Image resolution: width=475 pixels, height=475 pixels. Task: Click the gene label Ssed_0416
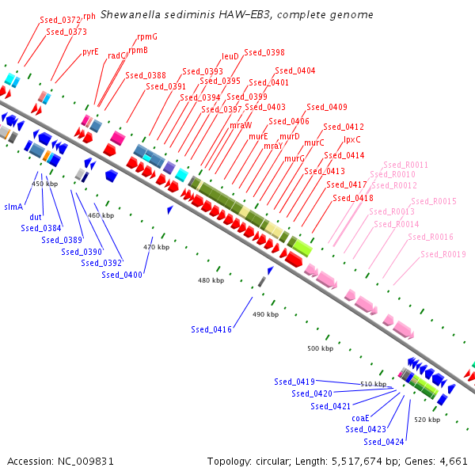click(211, 329)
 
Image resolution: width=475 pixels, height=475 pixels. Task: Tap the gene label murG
click(294, 158)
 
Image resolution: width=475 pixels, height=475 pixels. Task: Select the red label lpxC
click(352, 139)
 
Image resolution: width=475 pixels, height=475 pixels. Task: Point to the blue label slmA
click(13, 207)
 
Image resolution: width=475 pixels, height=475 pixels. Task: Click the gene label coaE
click(360, 418)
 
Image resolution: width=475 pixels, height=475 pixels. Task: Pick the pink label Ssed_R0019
click(443, 254)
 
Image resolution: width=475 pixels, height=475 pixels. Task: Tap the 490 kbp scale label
click(266, 314)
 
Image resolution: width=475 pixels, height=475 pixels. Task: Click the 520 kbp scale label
click(427, 420)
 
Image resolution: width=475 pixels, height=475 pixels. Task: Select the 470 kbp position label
click(156, 247)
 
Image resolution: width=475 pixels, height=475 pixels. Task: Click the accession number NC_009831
click(85, 462)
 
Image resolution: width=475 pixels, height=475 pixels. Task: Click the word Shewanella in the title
click(131, 14)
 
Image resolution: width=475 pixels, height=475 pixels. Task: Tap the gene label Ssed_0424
click(384, 442)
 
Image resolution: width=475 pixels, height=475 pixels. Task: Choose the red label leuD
click(230, 56)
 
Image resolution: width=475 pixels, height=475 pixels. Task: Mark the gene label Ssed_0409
click(327, 107)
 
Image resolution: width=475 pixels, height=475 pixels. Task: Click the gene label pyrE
click(90, 51)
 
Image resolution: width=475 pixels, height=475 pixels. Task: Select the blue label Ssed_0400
click(122, 275)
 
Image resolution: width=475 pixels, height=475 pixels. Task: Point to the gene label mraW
click(241, 125)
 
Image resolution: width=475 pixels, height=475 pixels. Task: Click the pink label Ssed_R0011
click(405, 165)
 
